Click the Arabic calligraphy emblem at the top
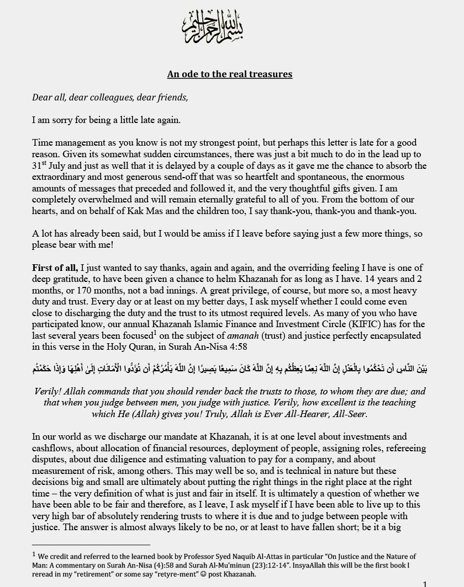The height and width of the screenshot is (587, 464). tap(213, 28)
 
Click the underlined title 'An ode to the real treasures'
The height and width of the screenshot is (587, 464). tap(230, 74)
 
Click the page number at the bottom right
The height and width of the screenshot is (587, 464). tap(425, 584)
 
